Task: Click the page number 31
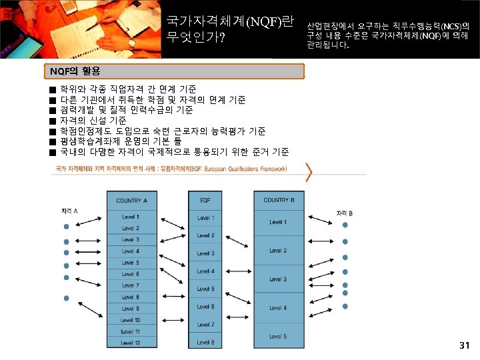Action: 465,345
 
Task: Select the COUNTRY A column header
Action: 131,201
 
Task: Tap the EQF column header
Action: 205,201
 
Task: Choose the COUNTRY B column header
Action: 279,200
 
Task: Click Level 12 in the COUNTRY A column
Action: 131,343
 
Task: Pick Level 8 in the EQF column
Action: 205,343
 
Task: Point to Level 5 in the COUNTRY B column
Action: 278,337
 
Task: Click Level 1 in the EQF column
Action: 205,218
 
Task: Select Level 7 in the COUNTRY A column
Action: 131,285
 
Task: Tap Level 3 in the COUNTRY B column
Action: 278,279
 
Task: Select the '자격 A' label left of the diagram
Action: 69,211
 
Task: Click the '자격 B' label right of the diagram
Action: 344,213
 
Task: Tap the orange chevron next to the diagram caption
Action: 309,171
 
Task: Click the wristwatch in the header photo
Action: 132,43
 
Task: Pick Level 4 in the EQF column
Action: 205,271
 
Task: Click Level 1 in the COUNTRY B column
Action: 278,222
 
